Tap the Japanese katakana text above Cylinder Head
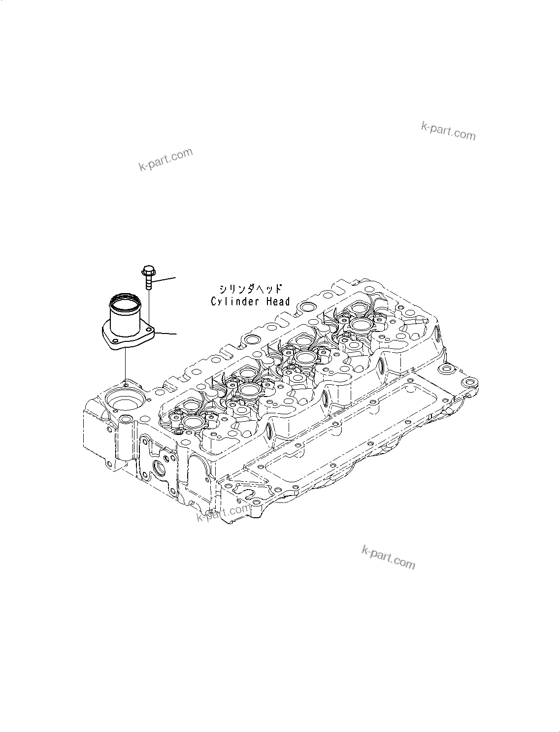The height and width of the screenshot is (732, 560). pos(251,289)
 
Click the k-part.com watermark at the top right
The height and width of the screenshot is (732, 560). pos(448,131)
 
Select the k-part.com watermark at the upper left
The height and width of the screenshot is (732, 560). pos(165,159)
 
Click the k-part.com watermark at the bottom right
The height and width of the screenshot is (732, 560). pos(389,557)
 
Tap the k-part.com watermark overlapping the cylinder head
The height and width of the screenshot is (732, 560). pos(223,513)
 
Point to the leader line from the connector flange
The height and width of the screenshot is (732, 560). pos(166,333)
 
